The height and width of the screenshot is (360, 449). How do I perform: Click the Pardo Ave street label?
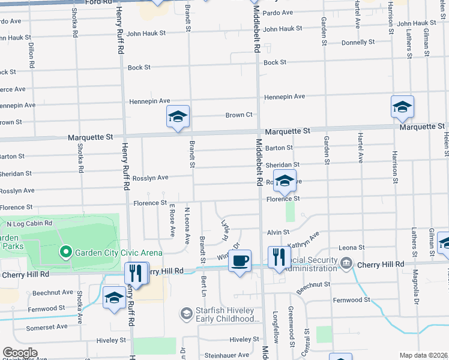278,13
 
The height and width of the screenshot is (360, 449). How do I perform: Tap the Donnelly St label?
358,43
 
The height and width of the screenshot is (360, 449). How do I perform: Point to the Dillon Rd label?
30,53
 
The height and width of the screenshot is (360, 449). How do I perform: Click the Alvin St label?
279,232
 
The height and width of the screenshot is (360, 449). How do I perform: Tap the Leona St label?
352,247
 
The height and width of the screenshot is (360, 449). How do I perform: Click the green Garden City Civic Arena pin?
66,252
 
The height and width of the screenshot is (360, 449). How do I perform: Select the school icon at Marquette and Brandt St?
178,117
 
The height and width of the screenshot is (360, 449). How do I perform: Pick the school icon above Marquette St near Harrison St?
402,107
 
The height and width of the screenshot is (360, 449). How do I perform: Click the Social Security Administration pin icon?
346,263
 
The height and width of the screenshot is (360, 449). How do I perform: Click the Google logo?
19,353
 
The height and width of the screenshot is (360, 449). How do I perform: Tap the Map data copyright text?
424,355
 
